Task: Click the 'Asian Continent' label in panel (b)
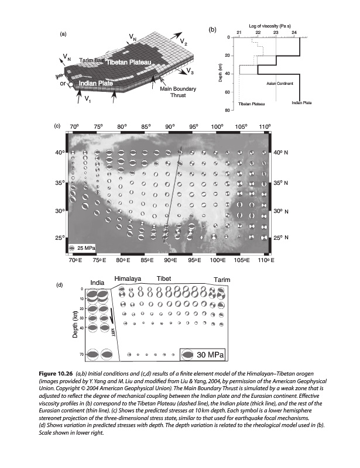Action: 280,83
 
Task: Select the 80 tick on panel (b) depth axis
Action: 229,110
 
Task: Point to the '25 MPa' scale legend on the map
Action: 83,249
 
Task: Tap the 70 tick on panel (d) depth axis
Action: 81,354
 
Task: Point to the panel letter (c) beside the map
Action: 57,126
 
